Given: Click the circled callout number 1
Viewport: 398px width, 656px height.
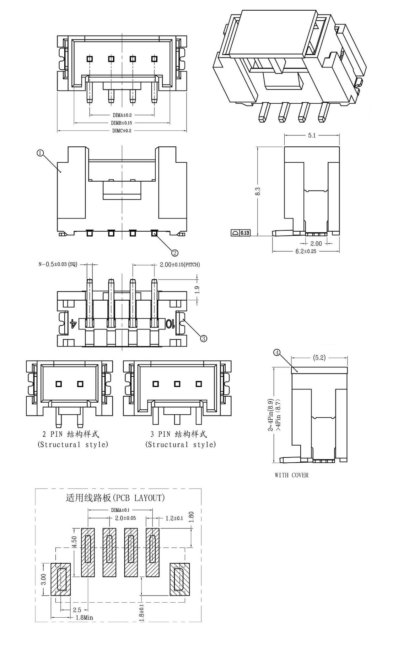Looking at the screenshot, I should (40, 153).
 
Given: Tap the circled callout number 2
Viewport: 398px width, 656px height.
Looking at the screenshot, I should (175, 253).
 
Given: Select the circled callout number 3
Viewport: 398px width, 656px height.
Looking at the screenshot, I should (204, 338).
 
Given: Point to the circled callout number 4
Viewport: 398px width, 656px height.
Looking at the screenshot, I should (277, 353).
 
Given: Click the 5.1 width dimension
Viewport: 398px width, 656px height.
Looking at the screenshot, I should (312, 135).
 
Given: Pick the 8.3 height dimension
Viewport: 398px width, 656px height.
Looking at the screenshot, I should (258, 191).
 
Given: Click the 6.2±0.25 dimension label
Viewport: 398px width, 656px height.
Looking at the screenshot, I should (306, 251).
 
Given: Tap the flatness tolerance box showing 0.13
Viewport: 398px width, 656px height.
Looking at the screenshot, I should (241, 233).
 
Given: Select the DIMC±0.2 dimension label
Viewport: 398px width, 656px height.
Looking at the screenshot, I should (122, 130).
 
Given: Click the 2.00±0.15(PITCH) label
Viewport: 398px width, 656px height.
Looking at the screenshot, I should (180, 265).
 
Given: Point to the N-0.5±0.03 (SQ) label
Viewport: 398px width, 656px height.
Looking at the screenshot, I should (58, 265).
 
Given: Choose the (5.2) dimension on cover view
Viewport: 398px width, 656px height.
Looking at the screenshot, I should (319, 358).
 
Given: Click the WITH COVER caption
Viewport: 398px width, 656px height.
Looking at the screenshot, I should (291, 475).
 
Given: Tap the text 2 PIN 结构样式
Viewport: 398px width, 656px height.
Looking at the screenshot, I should (71, 434).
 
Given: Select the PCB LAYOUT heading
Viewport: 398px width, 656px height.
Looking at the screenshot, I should (115, 498).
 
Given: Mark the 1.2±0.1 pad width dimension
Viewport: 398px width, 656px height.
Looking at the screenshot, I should (174, 518).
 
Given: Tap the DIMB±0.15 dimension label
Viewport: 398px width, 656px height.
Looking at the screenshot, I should (122, 123).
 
